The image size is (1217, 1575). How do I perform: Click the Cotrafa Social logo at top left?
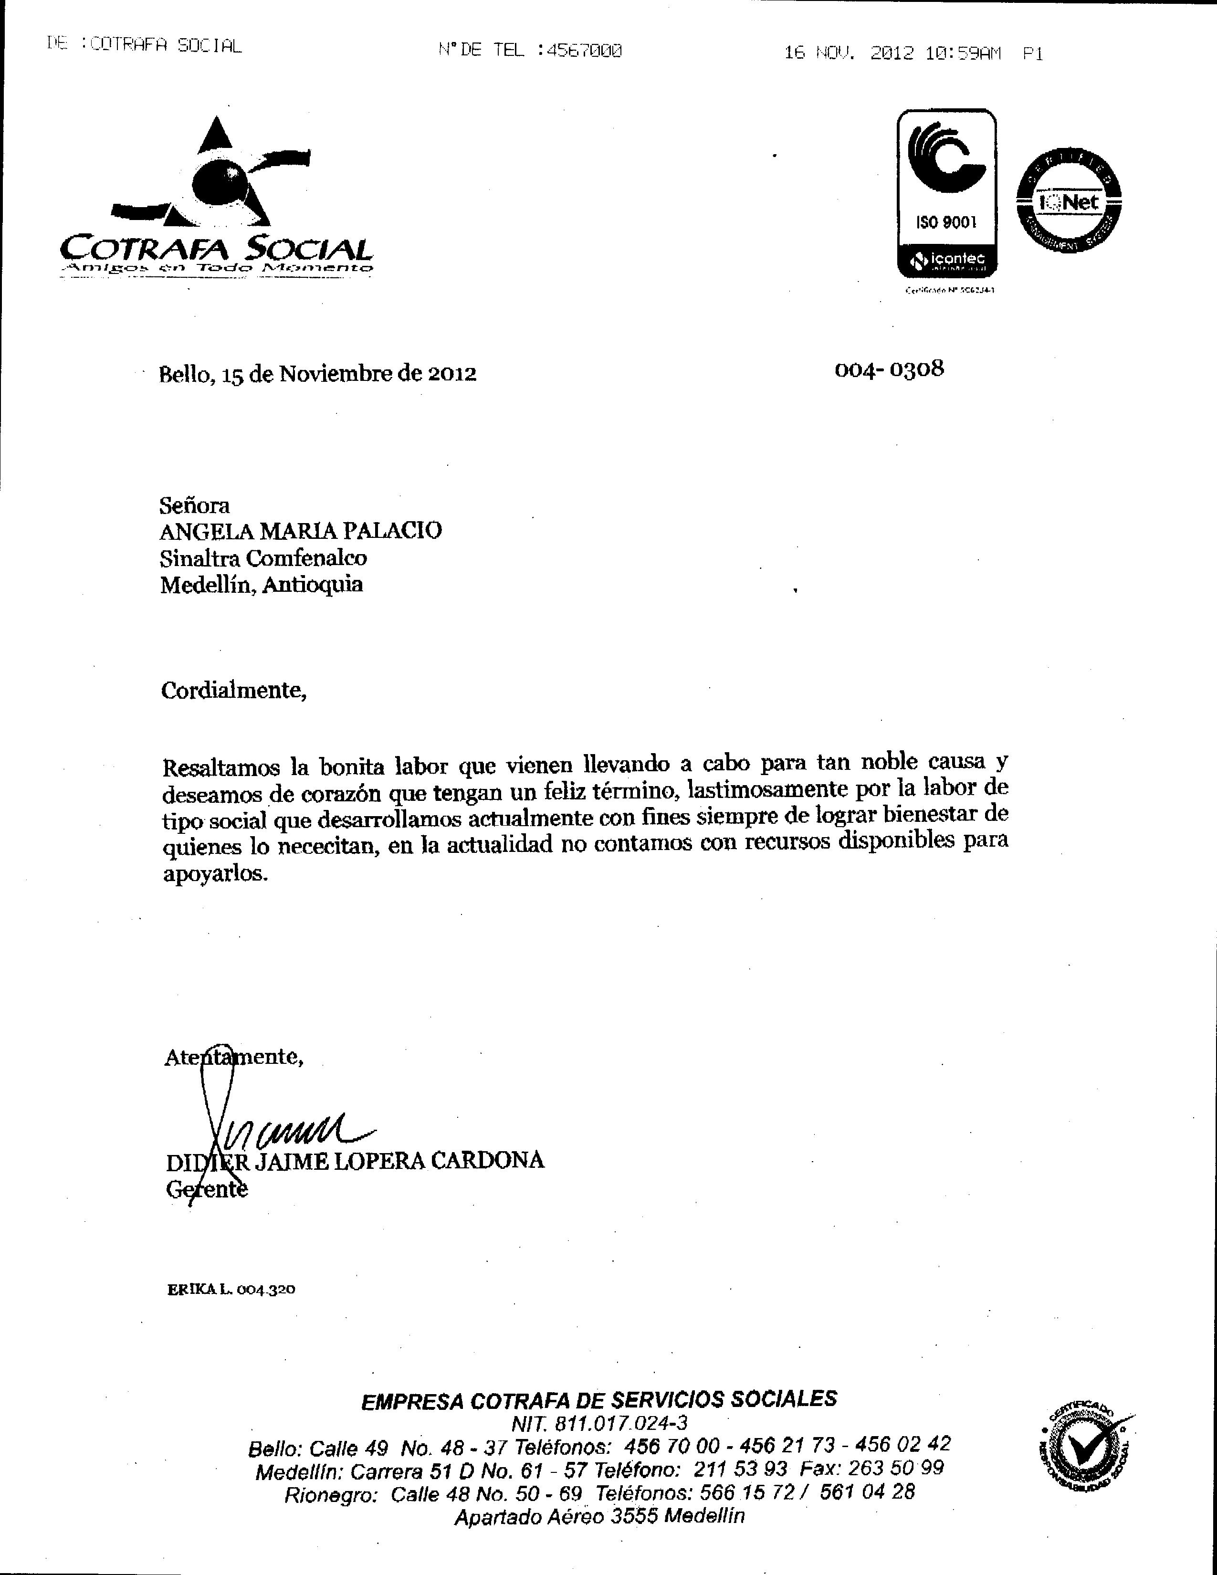pyautogui.click(x=216, y=199)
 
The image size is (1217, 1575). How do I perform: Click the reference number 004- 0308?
pyautogui.click(x=889, y=369)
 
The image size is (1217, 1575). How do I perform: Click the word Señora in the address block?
pyautogui.click(x=195, y=505)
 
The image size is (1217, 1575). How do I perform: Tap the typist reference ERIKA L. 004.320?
pyautogui.click(x=231, y=1290)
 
